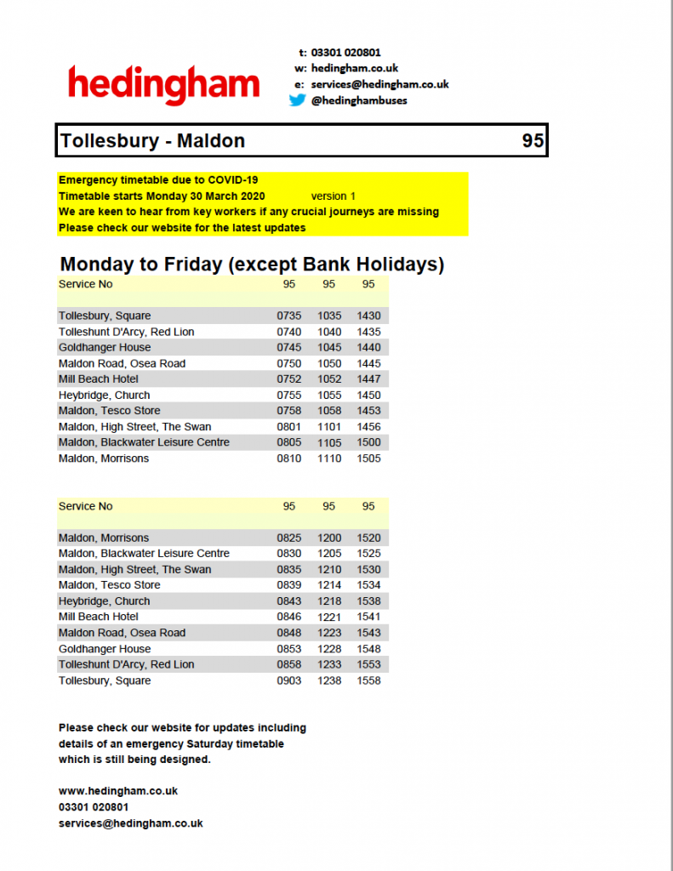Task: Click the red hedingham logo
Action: (163, 84)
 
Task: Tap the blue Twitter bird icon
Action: (297, 100)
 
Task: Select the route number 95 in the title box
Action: (533, 141)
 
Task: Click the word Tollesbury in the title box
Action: (107, 141)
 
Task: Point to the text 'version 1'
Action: (334, 196)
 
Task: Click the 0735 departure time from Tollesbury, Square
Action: (289, 316)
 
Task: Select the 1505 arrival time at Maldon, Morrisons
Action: (368, 458)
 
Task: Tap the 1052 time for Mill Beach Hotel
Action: (329, 379)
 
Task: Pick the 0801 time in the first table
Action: (289, 427)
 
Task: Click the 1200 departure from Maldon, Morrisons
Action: (329, 538)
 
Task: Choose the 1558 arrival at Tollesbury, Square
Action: (368, 680)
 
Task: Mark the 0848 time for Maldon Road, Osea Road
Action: (289, 633)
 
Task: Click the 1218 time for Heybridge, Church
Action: (329, 601)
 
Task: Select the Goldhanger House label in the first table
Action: (105, 348)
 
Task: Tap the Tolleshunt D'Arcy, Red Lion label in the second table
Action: (126, 664)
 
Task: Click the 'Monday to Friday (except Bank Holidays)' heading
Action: (252, 265)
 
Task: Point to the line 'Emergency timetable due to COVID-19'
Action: (158, 180)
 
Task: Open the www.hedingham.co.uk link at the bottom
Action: (118, 791)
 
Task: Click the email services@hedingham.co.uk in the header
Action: (379, 84)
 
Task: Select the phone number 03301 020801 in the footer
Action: (94, 807)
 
